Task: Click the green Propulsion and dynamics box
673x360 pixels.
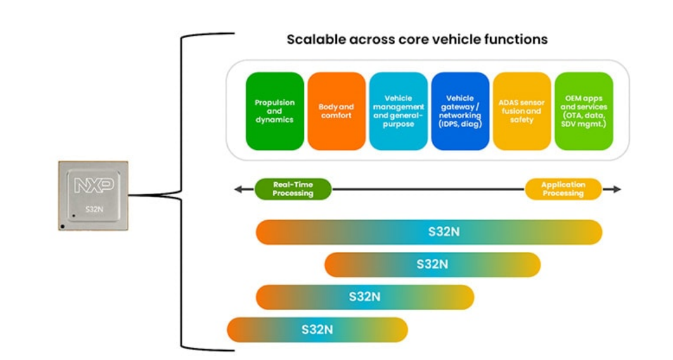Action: click(x=274, y=111)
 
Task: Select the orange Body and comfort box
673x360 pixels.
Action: click(x=336, y=111)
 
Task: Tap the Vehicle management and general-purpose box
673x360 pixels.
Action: click(x=398, y=111)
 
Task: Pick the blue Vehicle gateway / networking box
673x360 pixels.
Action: click(x=460, y=111)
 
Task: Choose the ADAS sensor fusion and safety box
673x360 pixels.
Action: click(x=522, y=111)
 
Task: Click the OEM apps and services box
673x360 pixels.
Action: click(x=584, y=111)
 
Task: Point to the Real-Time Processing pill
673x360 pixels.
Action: click(x=293, y=189)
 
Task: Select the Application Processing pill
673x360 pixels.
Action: click(x=563, y=189)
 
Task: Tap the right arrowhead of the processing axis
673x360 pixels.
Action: click(x=617, y=189)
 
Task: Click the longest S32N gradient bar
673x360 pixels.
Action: click(x=429, y=232)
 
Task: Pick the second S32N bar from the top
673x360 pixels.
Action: click(x=432, y=264)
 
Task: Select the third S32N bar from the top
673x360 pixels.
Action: click(x=365, y=297)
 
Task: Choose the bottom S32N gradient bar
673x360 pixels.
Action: click(x=317, y=330)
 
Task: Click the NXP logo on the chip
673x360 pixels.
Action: click(x=94, y=185)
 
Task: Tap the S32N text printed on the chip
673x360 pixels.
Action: click(x=94, y=209)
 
